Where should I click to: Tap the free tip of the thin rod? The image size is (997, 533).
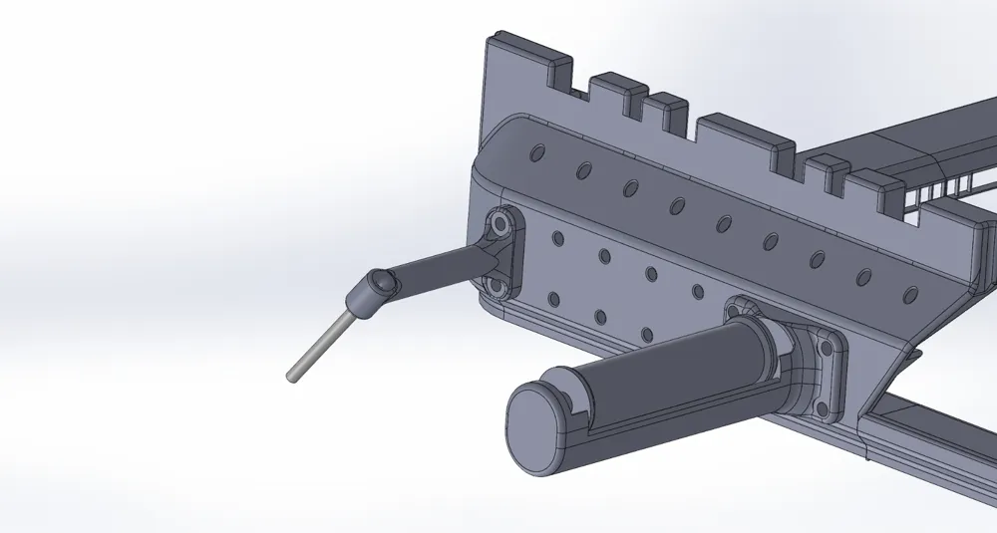point(293,377)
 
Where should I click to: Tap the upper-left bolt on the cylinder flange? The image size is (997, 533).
point(737,311)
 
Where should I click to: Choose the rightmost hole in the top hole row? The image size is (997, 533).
point(909,295)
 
